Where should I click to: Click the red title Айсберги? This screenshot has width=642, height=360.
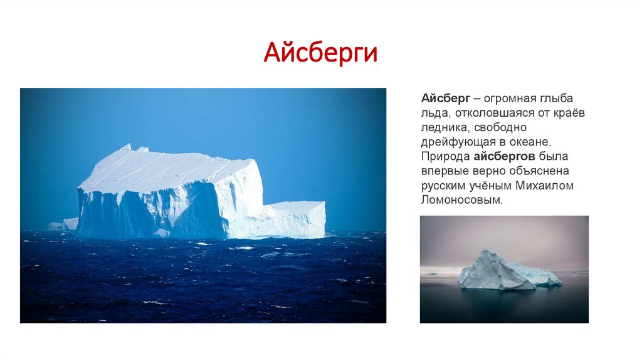(320, 53)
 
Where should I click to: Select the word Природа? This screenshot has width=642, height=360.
(445, 156)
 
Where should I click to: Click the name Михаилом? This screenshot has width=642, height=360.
(544, 186)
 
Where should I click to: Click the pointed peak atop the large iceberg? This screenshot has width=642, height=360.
(126, 148)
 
